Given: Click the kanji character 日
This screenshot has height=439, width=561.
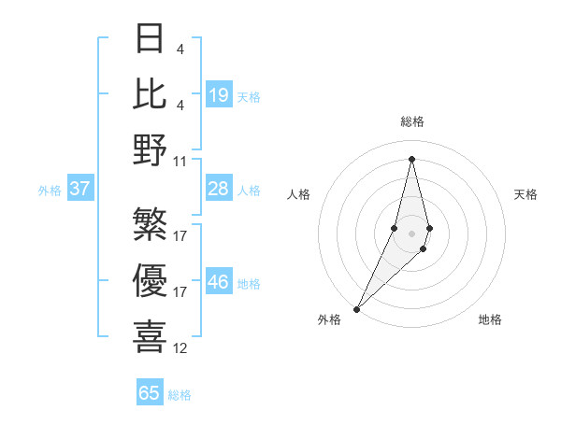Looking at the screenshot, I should [x=151, y=39].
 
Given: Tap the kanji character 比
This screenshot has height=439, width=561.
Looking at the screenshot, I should [x=151, y=93].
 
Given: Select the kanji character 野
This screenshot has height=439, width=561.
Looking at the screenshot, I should [x=151, y=149].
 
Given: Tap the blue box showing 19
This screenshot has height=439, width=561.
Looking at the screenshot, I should [x=219, y=95].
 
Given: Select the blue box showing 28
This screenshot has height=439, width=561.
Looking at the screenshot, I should [x=219, y=190].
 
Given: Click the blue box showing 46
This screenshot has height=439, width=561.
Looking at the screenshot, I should [x=219, y=283].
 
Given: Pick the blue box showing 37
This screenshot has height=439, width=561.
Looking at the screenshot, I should [x=80, y=190].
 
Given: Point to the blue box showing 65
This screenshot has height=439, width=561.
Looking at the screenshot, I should [x=150, y=393].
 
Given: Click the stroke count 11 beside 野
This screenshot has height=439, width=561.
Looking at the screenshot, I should [x=180, y=161].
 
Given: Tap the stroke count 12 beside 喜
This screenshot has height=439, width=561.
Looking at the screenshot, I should [x=180, y=348].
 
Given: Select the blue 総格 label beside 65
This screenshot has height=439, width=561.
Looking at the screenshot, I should [x=180, y=395].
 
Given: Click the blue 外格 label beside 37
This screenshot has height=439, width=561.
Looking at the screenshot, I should [x=50, y=191].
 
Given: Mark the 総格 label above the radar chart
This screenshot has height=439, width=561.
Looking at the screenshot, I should [x=412, y=122].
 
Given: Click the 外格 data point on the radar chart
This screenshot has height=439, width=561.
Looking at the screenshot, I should [x=356, y=308].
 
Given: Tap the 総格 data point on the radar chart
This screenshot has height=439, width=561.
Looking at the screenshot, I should [x=412, y=159].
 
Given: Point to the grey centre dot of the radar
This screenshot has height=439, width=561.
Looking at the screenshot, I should [x=412, y=233].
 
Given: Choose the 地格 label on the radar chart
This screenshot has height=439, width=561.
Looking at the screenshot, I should [x=490, y=319].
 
